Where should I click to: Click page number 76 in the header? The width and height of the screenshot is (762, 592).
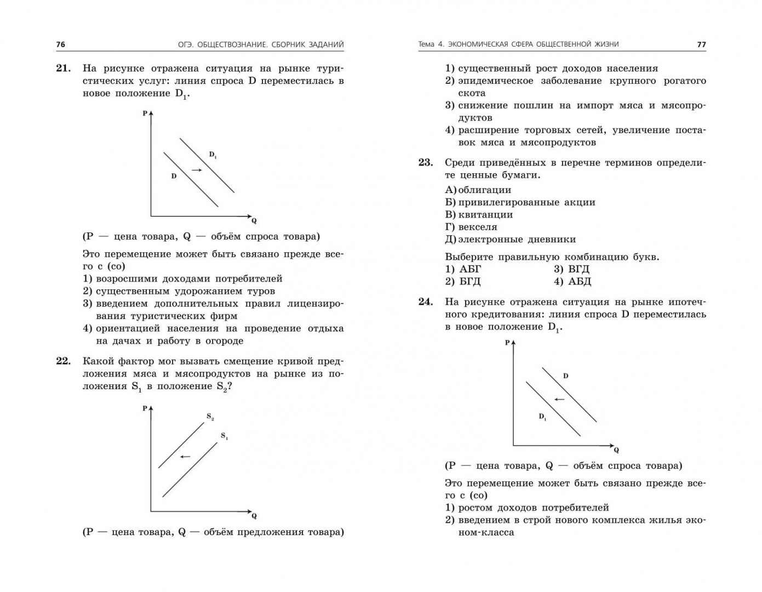[x=60, y=44]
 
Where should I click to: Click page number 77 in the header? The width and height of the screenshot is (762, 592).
[x=701, y=44]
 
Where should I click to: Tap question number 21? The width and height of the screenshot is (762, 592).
[x=64, y=69]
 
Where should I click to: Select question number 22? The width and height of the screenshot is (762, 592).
[x=64, y=361]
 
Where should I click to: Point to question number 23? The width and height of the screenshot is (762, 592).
[x=426, y=163]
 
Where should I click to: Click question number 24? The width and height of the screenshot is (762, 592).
[x=426, y=302]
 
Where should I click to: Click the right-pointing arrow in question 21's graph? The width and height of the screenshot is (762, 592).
[x=197, y=170]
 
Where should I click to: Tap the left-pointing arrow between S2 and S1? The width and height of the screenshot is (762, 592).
[x=185, y=456]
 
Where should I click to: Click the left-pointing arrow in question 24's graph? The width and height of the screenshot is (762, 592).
[x=559, y=400]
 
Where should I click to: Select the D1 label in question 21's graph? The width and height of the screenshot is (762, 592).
[x=213, y=155]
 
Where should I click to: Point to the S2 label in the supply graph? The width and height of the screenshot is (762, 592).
[x=210, y=417]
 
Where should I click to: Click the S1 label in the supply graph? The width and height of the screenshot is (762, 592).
[x=225, y=436]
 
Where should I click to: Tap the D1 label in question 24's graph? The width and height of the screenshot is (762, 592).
[x=542, y=417]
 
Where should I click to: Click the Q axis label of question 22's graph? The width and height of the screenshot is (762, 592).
[x=254, y=516]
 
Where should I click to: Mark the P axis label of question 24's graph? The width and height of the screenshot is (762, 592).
[x=507, y=343]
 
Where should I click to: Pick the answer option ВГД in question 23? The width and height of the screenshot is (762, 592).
[x=578, y=269]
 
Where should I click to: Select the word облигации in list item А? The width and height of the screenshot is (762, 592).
[x=484, y=190]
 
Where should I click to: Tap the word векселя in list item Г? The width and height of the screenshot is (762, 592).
[x=478, y=227]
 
